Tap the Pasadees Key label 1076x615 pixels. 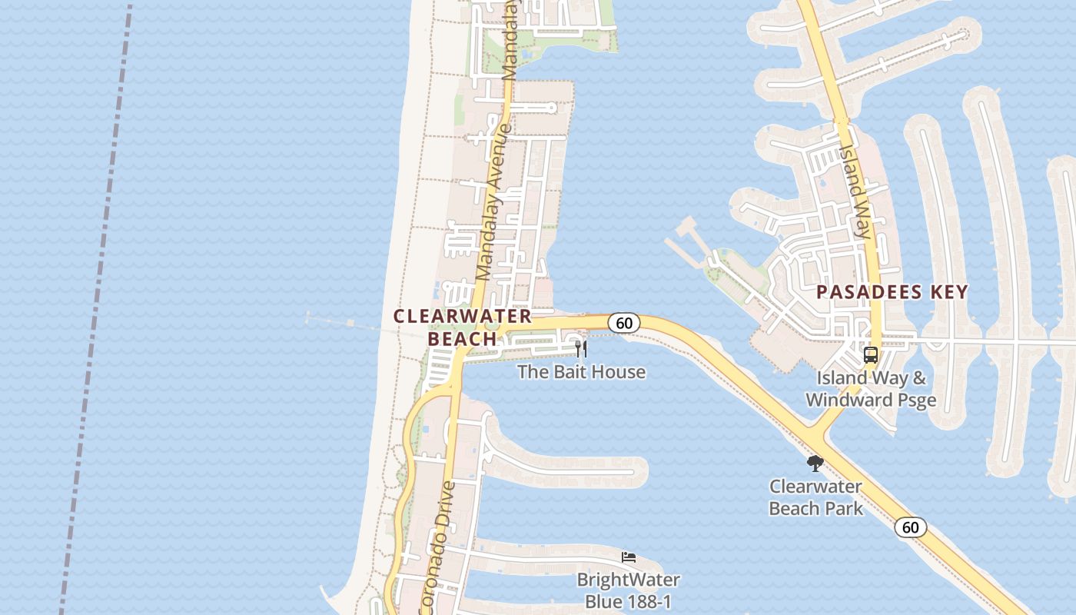pyautogui.click(x=892, y=292)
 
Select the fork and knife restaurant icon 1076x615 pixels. pyautogui.click(x=581, y=349)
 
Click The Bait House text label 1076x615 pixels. pyautogui.click(x=581, y=372)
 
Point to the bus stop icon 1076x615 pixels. pyautogui.click(x=870, y=355)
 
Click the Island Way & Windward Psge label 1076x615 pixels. pyautogui.click(x=870, y=389)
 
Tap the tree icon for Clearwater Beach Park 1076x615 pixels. pyautogui.click(x=815, y=464)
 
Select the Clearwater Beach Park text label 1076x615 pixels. pyautogui.click(x=815, y=497)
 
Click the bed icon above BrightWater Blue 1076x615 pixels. pyautogui.click(x=629, y=557)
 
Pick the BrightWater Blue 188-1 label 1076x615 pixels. pyautogui.click(x=629, y=590)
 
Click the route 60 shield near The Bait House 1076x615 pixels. pyautogui.click(x=624, y=323)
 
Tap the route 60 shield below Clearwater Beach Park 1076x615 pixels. pyautogui.click(x=910, y=527)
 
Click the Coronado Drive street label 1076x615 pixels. pyautogui.click(x=439, y=546)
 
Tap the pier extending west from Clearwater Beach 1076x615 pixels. pyautogui.click(x=346, y=324)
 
